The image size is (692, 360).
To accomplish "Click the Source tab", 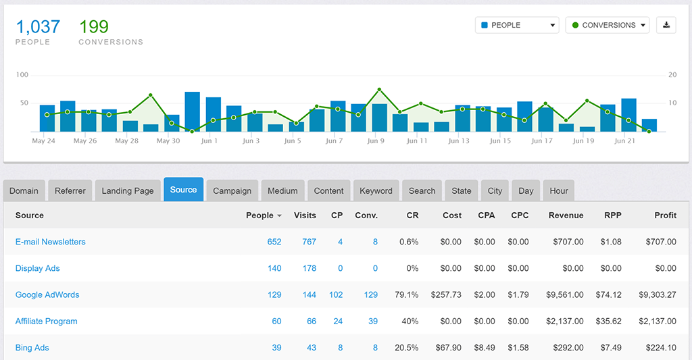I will pos(183,190).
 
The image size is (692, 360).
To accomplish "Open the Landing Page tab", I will pos(128,190).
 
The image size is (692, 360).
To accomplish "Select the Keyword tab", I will pos(376,190).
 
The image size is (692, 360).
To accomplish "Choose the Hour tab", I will pos(558,190).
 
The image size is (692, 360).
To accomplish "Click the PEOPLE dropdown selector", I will pos(517,25).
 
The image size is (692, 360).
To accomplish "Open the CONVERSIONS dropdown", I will pos(607,25).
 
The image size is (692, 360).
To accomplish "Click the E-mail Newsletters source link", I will pos(51,242).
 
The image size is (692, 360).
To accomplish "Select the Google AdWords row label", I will pos(47,294).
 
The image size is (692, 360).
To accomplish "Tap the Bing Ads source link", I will pos(32,348).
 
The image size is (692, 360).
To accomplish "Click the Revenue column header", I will pos(566,215).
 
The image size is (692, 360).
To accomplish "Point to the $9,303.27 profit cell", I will pos(657,294).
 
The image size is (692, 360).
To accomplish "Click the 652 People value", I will pos(274,242).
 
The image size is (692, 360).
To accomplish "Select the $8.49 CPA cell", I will pos(485,348).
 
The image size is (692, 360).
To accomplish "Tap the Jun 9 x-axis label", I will pos(376,141).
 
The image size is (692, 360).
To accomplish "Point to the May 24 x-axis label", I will pos(43,141).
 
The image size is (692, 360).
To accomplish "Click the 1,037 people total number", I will pos(38,27).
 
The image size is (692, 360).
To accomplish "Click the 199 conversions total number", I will pos(94,27).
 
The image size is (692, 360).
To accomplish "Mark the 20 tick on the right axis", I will pos(672,75).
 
